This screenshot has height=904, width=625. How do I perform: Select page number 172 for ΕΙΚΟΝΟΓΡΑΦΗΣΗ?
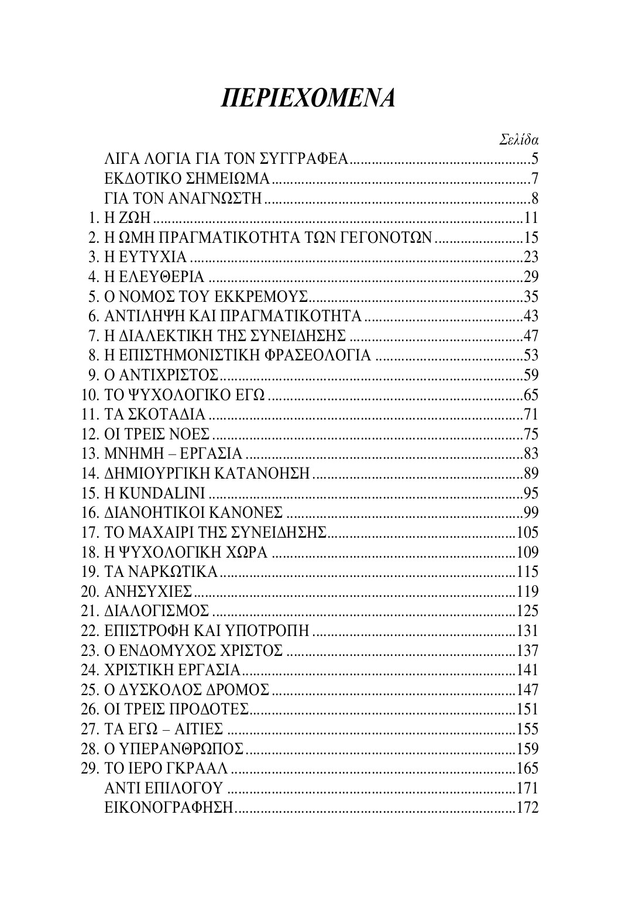click(x=527, y=807)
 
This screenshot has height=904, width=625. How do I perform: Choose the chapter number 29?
click(x=88, y=768)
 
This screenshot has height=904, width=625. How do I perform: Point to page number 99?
click(x=530, y=513)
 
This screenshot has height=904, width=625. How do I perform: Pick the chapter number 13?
click(x=88, y=454)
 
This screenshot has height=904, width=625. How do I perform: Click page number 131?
click(x=527, y=631)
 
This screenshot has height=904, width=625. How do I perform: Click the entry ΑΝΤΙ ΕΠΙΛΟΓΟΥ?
click(x=164, y=788)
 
